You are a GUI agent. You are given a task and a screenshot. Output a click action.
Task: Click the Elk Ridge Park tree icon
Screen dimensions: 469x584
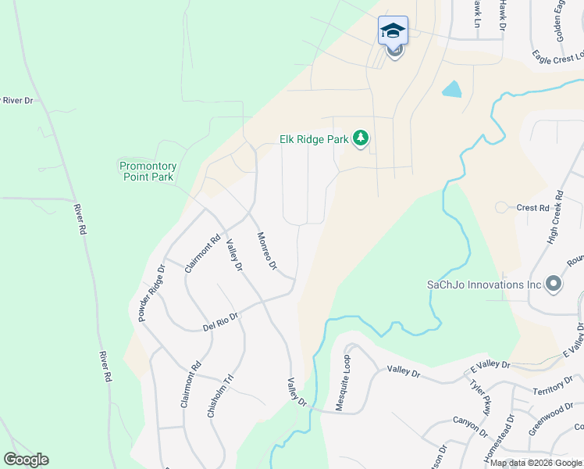[x=360, y=139]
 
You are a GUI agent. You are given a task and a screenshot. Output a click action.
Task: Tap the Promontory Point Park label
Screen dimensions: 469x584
[x=148, y=171]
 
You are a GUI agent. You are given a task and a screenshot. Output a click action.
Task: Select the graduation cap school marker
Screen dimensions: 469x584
[x=393, y=31]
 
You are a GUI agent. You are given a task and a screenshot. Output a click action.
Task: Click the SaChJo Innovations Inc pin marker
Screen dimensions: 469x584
[x=554, y=284]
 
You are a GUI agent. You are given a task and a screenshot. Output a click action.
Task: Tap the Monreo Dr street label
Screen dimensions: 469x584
[x=267, y=251]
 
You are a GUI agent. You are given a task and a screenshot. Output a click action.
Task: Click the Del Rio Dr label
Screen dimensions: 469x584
[x=220, y=319]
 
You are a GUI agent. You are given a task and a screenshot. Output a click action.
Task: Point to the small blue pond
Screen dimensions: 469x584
[x=452, y=89]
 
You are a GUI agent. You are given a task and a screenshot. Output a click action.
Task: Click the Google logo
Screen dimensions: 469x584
[x=26, y=460]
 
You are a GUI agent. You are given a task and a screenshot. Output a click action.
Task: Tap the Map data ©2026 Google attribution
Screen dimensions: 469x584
[x=536, y=463]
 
